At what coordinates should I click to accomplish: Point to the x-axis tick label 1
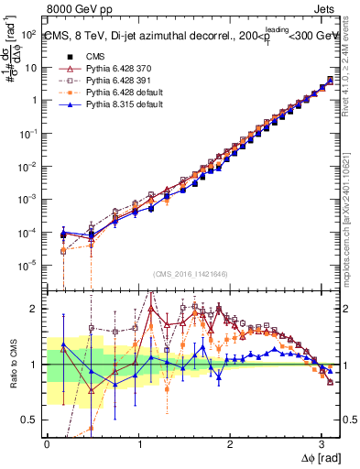[x=138, y=443]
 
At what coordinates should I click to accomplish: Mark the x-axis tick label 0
[x=47, y=443]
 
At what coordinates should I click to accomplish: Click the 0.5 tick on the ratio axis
[x=31, y=420]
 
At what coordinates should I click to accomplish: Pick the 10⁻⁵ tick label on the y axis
[x=27, y=266]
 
